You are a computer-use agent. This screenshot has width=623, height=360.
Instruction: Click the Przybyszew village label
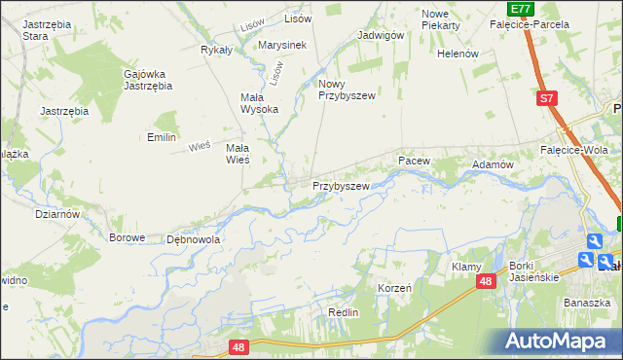tap(341, 186)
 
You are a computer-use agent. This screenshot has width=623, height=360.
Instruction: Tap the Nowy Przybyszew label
tap(346, 90)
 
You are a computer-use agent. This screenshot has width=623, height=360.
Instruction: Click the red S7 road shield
tap(548, 98)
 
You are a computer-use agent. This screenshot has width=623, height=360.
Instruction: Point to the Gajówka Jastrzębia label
tap(148, 79)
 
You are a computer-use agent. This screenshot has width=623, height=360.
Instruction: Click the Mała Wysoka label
tap(260, 102)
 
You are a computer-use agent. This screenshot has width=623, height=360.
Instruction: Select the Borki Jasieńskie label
tap(533, 271)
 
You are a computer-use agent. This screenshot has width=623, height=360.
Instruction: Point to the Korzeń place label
tap(394, 289)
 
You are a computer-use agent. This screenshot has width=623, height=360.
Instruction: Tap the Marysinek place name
tap(282, 45)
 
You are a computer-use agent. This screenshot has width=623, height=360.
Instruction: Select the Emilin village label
tap(162, 137)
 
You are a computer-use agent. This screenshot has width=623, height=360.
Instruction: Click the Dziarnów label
tap(56, 213)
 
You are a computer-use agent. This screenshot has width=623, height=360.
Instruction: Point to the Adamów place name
tap(493, 165)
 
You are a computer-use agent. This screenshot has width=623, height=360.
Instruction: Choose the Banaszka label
tap(587, 303)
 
